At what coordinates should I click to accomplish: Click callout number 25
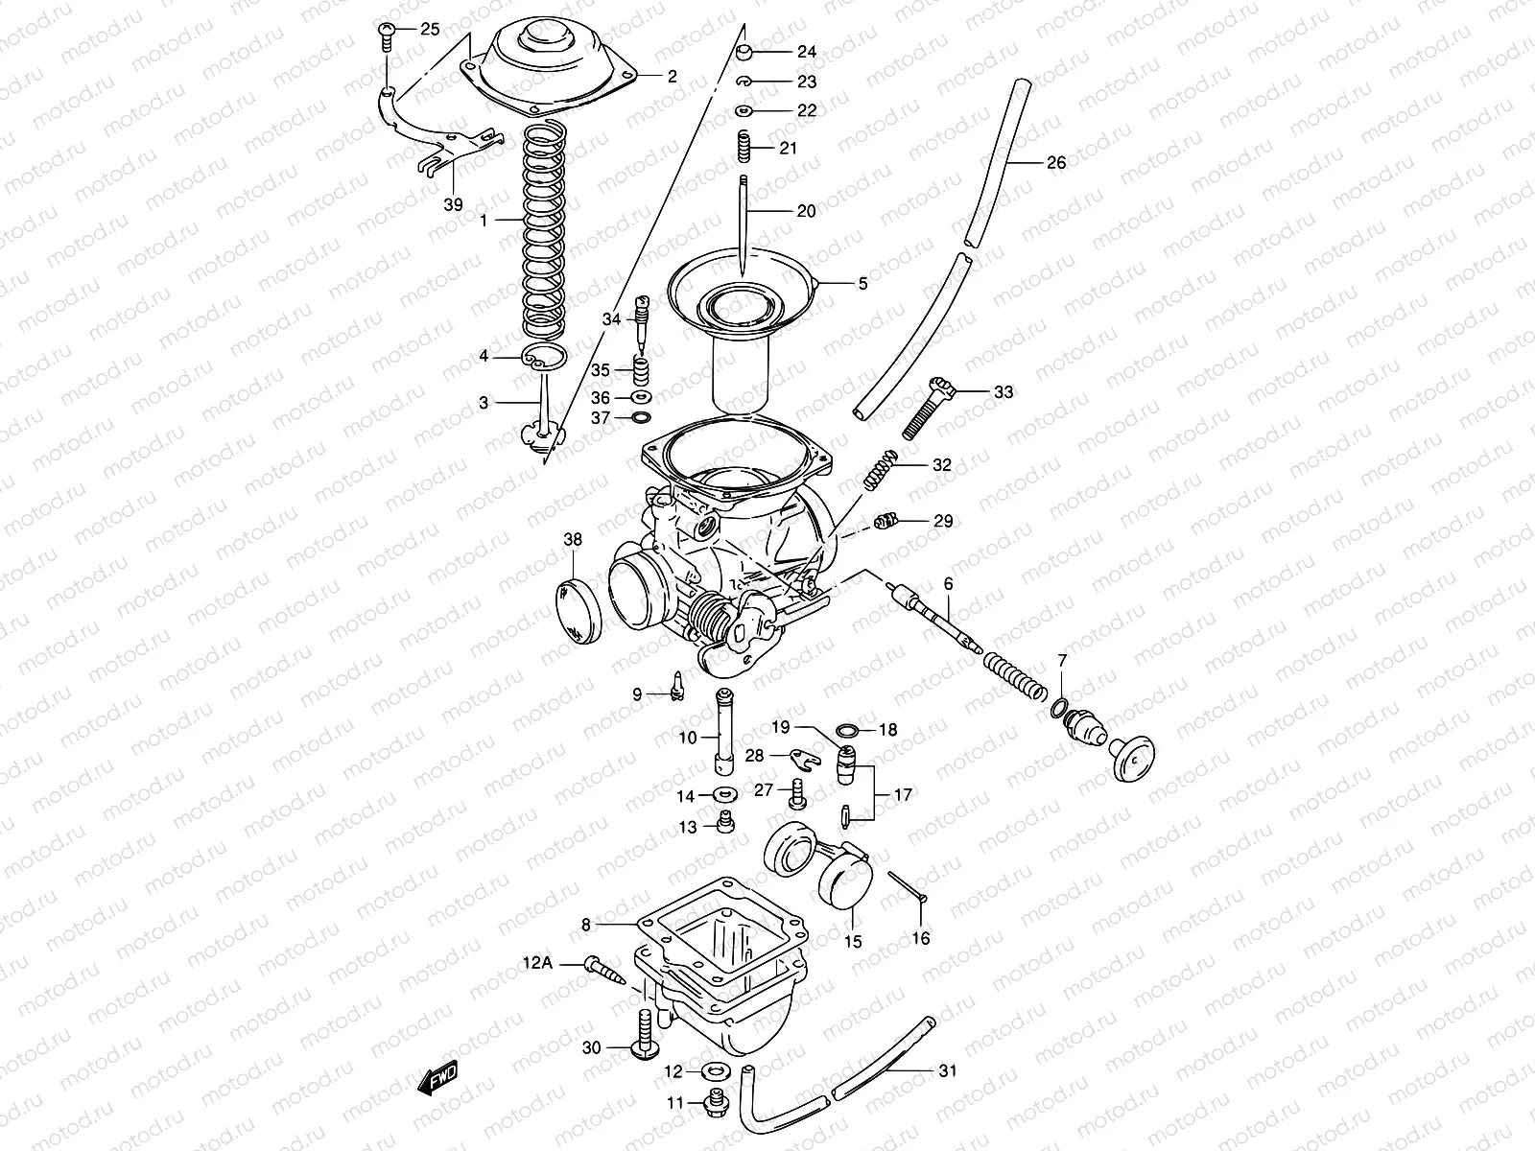[429, 30]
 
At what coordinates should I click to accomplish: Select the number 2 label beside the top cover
[672, 76]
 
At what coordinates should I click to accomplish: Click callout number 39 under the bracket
[454, 204]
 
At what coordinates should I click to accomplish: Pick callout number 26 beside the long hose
[1055, 163]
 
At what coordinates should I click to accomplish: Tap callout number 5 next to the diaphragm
[862, 284]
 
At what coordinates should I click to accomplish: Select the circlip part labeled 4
[543, 358]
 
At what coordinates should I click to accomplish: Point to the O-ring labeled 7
[1059, 709]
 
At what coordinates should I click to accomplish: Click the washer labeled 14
[720, 794]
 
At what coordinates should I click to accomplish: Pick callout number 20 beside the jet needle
[806, 210]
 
